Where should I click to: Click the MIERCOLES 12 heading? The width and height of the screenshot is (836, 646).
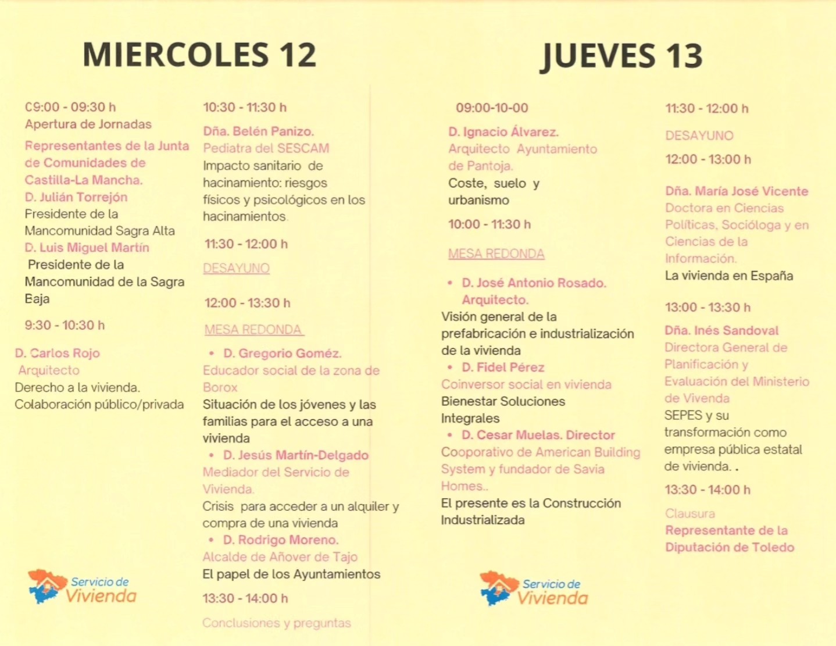click(x=199, y=55)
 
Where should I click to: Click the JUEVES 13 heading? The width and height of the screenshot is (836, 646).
click(x=621, y=56)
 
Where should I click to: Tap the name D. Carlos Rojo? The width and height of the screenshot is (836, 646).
click(x=58, y=353)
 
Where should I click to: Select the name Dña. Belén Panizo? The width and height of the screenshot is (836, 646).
click(x=259, y=131)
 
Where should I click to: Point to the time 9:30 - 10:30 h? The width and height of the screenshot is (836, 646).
click(x=65, y=325)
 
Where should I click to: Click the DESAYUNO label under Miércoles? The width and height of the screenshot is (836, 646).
click(x=236, y=268)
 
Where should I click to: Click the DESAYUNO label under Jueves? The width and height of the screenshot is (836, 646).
click(x=699, y=135)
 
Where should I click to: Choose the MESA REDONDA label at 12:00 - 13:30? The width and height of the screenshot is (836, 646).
click(x=253, y=330)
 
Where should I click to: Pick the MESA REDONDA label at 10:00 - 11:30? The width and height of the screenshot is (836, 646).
click(x=496, y=254)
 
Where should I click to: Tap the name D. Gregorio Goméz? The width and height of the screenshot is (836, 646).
click(x=283, y=353)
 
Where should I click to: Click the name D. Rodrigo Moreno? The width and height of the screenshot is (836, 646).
click(x=281, y=540)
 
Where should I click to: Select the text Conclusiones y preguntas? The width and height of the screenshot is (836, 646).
click(x=277, y=623)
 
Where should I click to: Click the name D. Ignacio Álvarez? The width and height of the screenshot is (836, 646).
click(x=503, y=132)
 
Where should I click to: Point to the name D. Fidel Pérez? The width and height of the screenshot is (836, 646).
click(x=503, y=367)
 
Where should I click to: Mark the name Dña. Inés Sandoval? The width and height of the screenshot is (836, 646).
click(x=721, y=330)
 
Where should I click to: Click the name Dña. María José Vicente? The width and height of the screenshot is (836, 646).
click(x=737, y=191)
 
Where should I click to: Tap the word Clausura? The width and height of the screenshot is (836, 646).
click(x=690, y=513)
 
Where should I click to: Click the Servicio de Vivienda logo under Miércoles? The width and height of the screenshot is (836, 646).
click(x=83, y=587)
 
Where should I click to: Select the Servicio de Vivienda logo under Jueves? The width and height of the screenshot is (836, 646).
click(x=534, y=589)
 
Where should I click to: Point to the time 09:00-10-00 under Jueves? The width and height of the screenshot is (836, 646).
click(x=492, y=108)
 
